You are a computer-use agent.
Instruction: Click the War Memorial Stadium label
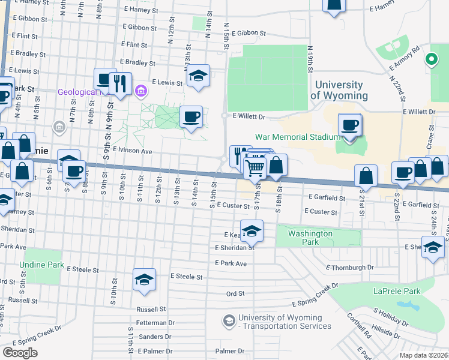[x=298, y=137]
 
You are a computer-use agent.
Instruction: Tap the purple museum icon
[x=141, y=91]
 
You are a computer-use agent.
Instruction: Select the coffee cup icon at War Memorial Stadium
[x=350, y=125]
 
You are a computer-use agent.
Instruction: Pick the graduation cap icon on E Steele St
[x=144, y=280]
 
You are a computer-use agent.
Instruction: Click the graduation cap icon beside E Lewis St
[x=198, y=76]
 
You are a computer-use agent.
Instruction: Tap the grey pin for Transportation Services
[x=229, y=322]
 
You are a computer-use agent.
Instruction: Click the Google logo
[x=20, y=353]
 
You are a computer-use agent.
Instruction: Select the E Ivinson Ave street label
[x=131, y=152]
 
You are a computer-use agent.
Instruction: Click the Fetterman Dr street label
[x=155, y=323]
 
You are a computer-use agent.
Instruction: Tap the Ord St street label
[x=235, y=294]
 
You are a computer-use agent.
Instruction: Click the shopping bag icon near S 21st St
[x=365, y=176]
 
